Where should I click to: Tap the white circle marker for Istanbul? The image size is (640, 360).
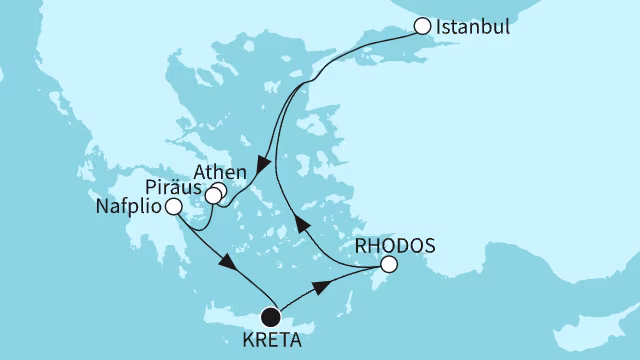(424, 27)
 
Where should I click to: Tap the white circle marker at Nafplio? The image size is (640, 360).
(173, 207)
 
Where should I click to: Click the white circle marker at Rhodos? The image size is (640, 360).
(389, 265)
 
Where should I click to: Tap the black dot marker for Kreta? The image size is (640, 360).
(270, 317)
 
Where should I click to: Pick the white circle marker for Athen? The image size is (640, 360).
(219, 188)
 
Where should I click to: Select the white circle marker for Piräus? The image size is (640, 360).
(213, 195)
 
